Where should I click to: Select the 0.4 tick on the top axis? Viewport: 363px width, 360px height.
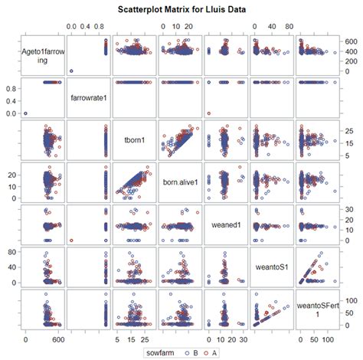87,25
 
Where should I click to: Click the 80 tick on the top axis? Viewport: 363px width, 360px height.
289,25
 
